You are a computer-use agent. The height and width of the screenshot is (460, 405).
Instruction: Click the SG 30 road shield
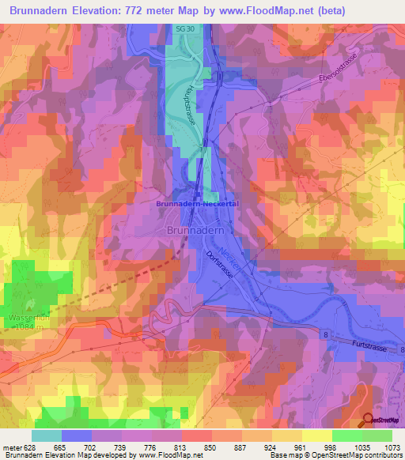click(184, 29)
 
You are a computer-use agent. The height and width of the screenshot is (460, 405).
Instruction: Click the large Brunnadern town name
click(197, 229)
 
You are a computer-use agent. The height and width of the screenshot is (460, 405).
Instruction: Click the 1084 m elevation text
click(30, 328)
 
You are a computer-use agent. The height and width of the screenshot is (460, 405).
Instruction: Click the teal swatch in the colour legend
click(46, 435)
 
